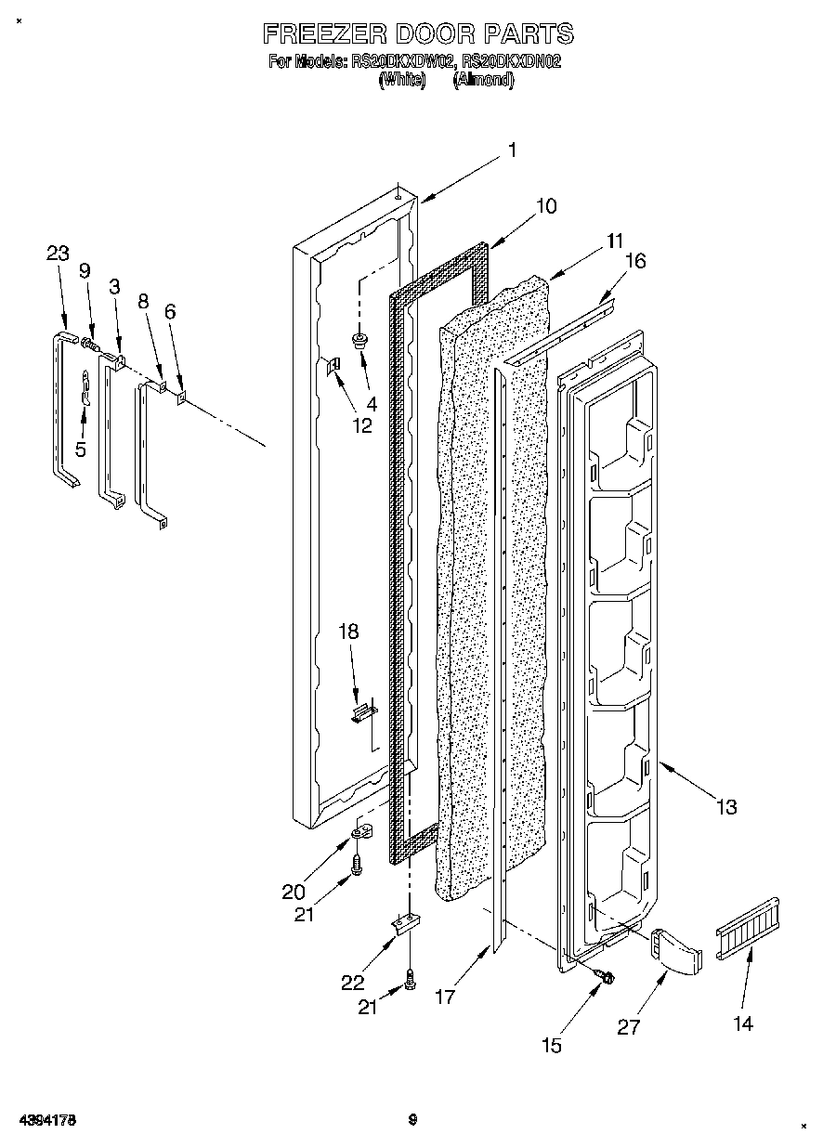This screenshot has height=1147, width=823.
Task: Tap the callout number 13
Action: tap(725, 807)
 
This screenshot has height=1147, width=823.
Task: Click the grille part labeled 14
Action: tap(747, 936)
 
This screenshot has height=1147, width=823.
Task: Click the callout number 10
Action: tap(546, 206)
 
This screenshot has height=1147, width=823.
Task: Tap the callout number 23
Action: tap(58, 253)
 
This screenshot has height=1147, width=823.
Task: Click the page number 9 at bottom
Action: tap(412, 1121)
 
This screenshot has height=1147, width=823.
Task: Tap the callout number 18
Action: tap(348, 632)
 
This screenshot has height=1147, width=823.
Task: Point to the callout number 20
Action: tap(294, 892)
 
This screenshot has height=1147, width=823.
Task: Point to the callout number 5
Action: tap(81, 449)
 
